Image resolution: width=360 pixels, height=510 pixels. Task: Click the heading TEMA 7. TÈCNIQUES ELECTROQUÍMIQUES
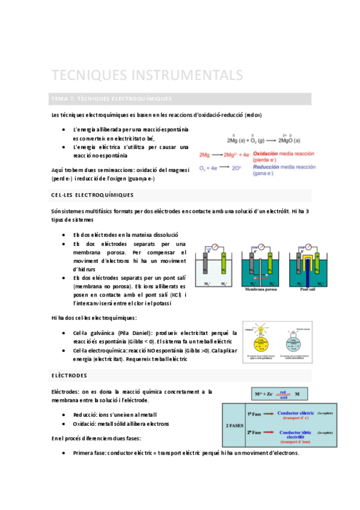(112, 99)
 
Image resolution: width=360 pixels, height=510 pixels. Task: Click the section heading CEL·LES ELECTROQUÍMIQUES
(93, 195)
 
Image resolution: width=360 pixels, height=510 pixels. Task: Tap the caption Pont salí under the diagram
(309, 289)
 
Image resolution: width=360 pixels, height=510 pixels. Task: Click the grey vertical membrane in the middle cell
(261, 268)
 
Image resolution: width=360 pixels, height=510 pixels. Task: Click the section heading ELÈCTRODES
(69, 376)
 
